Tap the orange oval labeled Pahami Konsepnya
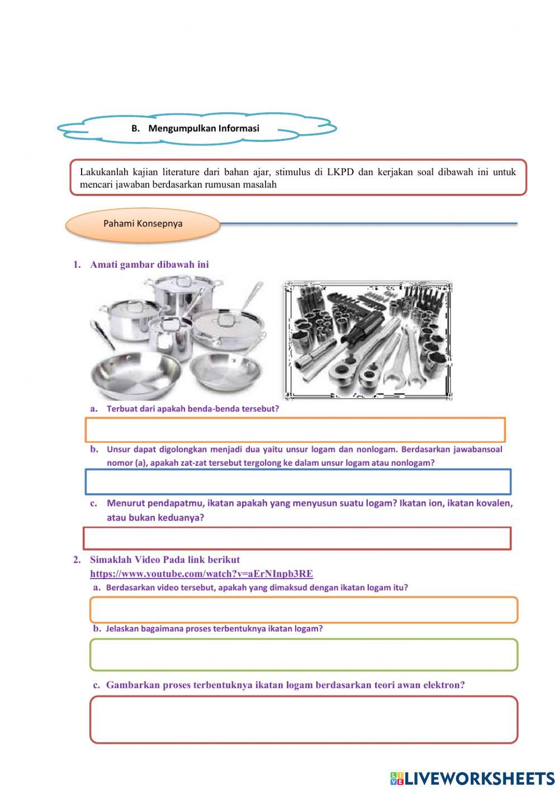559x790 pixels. point(143,224)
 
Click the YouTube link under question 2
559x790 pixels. point(201,574)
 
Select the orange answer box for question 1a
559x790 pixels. point(295,429)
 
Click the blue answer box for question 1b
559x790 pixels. point(298,482)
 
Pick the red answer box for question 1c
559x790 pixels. point(297,538)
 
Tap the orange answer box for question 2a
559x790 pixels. point(304,609)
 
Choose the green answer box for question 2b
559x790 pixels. point(304,655)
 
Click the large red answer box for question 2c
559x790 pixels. point(304,720)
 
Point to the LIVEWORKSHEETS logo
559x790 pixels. point(472,778)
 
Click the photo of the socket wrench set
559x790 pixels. point(368,340)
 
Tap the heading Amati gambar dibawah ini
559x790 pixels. point(149,264)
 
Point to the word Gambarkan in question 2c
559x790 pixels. point(132,685)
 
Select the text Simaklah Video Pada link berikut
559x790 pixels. point(165,560)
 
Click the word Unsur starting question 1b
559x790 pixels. point(119,449)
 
